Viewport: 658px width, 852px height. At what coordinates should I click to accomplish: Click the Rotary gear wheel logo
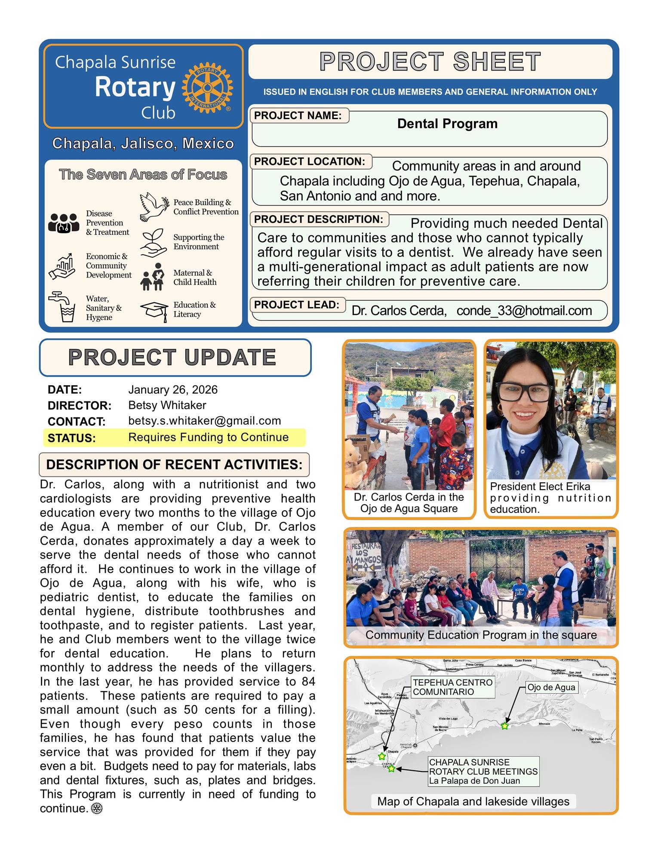click(x=207, y=87)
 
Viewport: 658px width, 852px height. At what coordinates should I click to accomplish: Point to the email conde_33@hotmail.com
click(x=524, y=311)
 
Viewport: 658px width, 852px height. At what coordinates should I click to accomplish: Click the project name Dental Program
click(x=447, y=124)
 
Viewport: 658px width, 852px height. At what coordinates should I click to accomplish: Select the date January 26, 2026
click(x=173, y=389)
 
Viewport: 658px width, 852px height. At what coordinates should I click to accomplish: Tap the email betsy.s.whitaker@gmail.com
click(x=204, y=421)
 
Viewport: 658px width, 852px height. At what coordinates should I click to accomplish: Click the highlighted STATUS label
click(x=71, y=438)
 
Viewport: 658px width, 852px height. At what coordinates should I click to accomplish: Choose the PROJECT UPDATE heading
click(x=172, y=357)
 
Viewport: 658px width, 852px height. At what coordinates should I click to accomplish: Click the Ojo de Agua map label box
click(x=551, y=687)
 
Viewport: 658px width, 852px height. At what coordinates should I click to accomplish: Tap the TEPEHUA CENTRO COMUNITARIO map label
click(x=452, y=687)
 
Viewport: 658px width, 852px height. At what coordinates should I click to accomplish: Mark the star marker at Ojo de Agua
click(x=504, y=726)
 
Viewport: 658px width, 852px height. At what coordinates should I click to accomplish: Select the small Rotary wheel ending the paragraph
click(x=97, y=809)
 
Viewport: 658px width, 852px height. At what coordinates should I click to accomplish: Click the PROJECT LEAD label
click(x=297, y=305)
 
